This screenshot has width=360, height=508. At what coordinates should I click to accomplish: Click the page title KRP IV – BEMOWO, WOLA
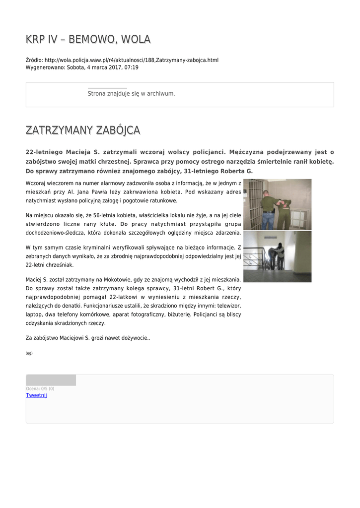click(88, 39)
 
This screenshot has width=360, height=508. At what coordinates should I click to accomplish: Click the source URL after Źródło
click(131, 60)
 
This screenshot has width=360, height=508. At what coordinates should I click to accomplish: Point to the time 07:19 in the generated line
click(132, 67)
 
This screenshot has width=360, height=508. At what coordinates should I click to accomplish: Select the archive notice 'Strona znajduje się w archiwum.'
click(131, 93)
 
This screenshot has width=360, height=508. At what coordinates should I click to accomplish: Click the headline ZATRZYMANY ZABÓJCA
click(83, 130)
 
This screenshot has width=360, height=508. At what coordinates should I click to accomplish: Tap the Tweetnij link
click(36, 395)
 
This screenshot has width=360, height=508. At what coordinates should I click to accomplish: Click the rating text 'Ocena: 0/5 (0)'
click(40, 388)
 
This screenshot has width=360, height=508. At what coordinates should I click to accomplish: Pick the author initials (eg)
click(29, 353)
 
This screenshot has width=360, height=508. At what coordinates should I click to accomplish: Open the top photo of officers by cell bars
click(277, 204)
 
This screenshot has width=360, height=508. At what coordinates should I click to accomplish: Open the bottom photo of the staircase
click(277, 256)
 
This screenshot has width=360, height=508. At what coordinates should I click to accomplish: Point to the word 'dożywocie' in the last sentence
click(133, 337)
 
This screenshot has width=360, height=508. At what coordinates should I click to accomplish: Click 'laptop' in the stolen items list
click(33, 315)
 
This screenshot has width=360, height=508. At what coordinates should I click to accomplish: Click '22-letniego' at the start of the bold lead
click(45, 152)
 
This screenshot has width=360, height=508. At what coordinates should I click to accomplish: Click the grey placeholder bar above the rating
click(51, 380)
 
